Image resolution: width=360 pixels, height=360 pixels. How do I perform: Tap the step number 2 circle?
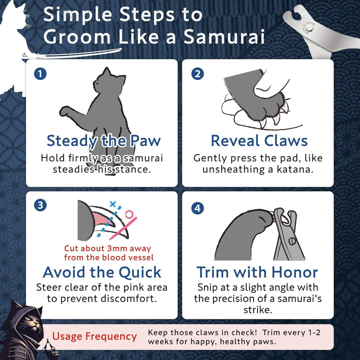(197, 74)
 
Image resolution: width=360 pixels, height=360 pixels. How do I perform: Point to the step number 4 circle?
(197, 207)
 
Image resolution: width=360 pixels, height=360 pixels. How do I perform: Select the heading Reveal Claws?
(258, 140)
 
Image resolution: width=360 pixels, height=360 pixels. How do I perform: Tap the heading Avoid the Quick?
(102, 272)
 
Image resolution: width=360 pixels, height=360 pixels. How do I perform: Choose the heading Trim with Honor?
(257, 272)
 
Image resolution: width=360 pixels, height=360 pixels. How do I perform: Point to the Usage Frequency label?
(94, 336)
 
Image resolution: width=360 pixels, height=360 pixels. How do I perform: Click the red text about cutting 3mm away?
(107, 253)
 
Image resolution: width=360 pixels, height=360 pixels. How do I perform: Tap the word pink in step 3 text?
(129, 287)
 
